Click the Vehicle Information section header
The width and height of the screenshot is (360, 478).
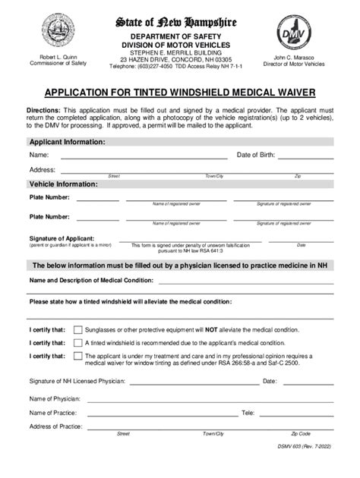coord(63,184)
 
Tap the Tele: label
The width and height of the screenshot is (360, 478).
coord(248,413)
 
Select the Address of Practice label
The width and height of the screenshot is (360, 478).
coord(55,427)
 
